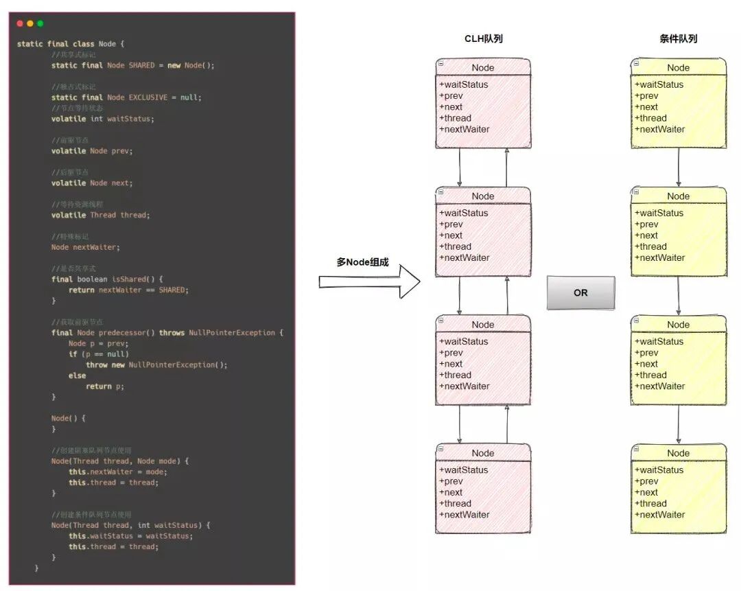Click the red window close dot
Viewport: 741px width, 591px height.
point(20,23)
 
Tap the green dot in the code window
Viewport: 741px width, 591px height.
point(40,23)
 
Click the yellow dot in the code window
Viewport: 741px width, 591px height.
point(30,23)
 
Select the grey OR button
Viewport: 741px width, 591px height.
point(580,292)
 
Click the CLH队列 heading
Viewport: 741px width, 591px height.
point(483,39)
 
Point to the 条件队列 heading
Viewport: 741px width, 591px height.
point(678,39)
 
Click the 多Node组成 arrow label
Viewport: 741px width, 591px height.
point(362,262)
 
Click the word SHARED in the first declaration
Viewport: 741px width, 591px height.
point(141,65)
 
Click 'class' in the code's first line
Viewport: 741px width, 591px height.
point(84,44)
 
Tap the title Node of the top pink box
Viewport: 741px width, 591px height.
point(483,67)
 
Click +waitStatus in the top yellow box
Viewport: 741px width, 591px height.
point(659,84)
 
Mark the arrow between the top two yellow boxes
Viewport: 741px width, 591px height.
point(679,167)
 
